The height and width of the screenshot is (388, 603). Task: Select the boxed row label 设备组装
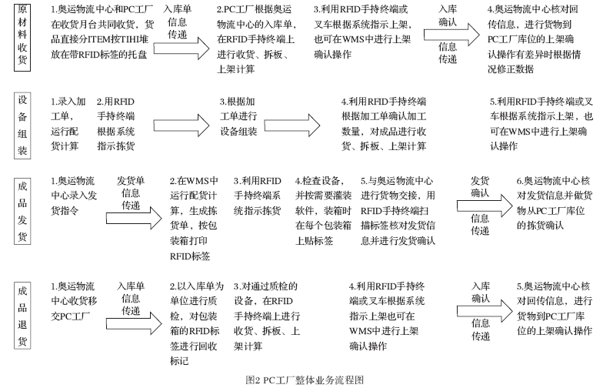(x=24, y=125)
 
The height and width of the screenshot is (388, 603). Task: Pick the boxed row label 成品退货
(x=24, y=316)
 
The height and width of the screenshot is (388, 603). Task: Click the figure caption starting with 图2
(x=302, y=380)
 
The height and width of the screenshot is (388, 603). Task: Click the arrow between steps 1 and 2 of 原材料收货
(x=182, y=48)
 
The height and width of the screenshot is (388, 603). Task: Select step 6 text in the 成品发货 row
(x=552, y=202)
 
